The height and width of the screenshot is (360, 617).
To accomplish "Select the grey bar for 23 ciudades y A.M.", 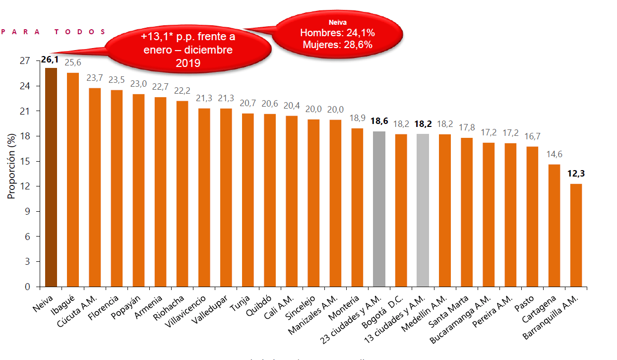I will [379, 209].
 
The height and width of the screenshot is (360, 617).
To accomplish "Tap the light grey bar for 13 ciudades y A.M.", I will [423, 210].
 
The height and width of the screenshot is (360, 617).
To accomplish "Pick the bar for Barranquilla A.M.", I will [576, 235].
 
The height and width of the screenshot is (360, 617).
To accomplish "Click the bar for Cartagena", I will [554, 226].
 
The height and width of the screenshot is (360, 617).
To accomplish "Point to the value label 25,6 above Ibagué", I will [73, 62].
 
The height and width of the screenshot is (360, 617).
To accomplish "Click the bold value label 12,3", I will [576, 174].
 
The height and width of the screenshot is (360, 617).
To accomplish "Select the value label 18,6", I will [379, 121].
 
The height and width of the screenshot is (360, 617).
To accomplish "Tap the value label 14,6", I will [554, 155].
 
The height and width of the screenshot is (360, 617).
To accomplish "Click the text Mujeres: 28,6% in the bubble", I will [337, 44].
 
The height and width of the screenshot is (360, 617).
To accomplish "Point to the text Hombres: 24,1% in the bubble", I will [337, 33].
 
